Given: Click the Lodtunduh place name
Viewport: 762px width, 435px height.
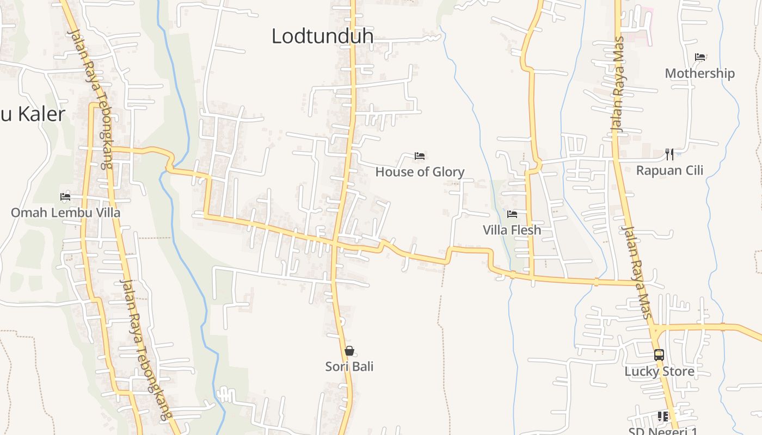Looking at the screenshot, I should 322,36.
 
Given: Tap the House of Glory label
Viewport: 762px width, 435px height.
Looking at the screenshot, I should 420,172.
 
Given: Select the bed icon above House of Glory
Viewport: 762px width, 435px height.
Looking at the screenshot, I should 419,156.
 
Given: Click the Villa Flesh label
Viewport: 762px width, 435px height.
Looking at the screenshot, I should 512,230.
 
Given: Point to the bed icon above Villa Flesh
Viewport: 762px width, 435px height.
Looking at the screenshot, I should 512,214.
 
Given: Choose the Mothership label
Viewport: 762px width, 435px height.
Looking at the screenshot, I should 699,73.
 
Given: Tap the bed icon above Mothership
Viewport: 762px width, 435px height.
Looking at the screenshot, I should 700,57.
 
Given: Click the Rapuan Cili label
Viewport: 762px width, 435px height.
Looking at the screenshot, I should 669,170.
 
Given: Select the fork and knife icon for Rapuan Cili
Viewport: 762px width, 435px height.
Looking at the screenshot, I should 669,154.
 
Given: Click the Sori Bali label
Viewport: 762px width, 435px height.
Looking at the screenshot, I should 349,366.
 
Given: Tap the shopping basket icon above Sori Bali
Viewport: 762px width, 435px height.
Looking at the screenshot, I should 349,351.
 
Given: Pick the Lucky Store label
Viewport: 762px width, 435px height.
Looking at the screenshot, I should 659,371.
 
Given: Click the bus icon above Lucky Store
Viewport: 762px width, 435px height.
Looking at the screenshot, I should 659,355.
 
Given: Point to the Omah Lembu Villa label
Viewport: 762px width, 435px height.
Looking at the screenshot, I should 65,213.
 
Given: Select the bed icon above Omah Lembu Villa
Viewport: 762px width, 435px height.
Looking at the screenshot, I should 65,196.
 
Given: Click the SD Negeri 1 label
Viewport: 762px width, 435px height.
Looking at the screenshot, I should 663,431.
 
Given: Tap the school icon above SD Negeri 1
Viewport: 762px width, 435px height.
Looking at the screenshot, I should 662,417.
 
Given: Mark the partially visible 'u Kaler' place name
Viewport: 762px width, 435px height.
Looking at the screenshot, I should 33,114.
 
